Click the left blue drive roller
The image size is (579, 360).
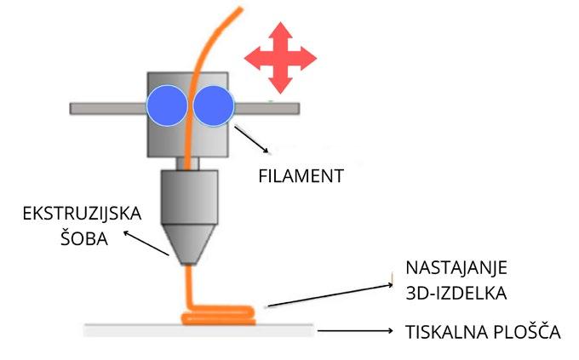(x=165, y=106)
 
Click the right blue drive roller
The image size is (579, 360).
(x=214, y=106)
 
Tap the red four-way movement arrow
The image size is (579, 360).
(x=280, y=58)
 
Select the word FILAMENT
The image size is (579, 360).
(x=300, y=177)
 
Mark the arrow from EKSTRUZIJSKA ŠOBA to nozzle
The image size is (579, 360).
(x=146, y=243)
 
